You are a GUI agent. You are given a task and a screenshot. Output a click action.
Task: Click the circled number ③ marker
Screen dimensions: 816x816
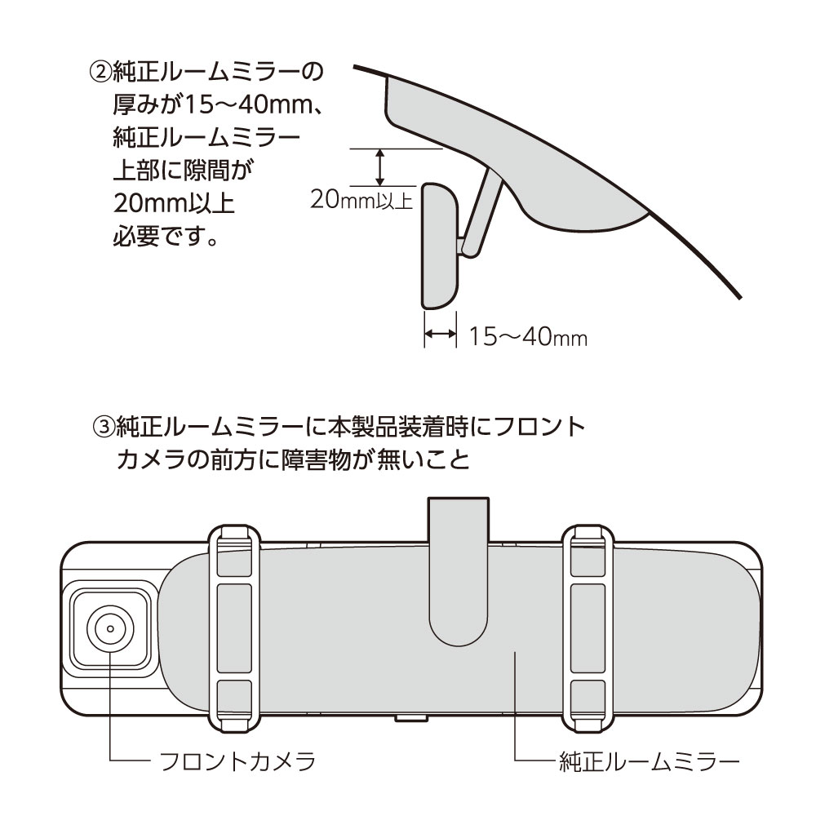pos(103,428)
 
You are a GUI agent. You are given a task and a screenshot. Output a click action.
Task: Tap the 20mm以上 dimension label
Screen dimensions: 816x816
pos(361,199)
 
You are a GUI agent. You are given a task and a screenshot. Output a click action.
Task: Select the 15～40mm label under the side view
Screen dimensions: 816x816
pos(528,337)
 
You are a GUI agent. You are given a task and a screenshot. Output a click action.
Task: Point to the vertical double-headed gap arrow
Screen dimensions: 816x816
pos(380,167)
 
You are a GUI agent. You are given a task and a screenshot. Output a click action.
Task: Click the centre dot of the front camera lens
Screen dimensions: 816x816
pos(110,628)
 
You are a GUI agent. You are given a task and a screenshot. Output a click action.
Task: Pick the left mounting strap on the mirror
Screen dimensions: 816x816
pos(234,628)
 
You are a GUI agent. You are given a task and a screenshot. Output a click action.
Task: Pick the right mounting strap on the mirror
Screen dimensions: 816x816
pos(588,628)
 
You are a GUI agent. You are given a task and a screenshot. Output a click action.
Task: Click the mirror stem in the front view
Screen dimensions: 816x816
pos(459,573)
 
